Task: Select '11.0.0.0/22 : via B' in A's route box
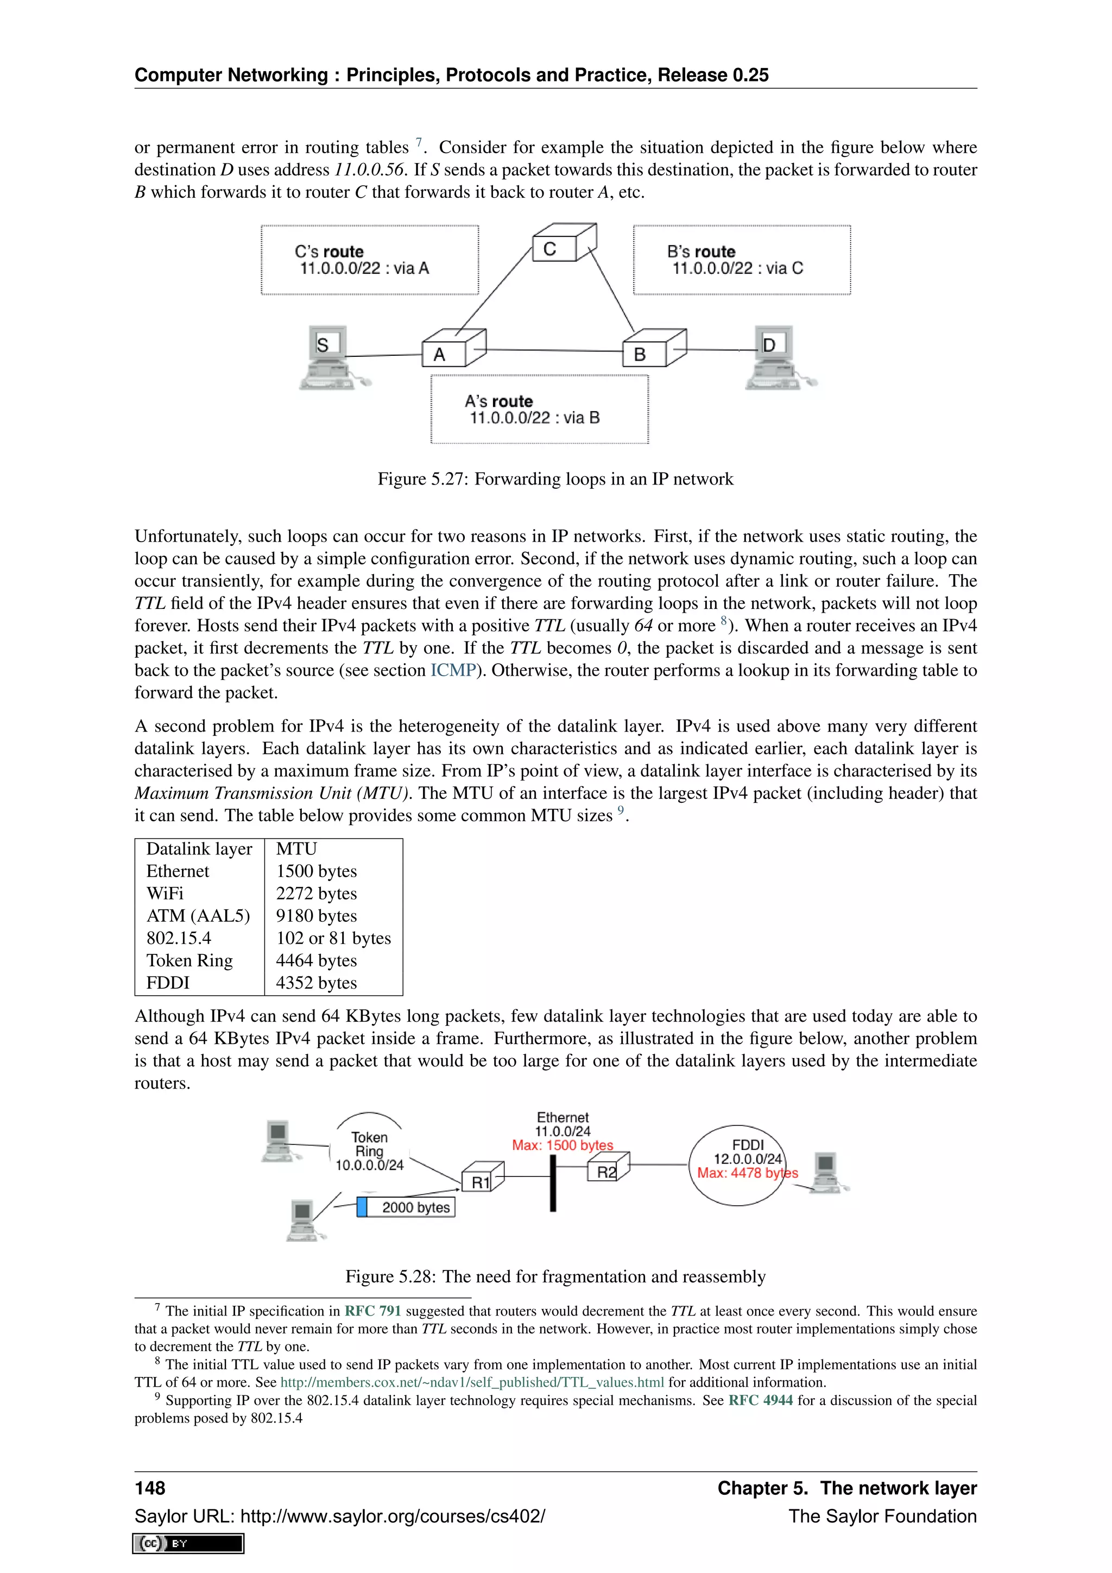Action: (535, 418)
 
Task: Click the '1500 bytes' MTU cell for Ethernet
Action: (317, 871)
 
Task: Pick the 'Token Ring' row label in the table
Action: (189, 960)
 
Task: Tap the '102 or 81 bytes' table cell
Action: (333, 938)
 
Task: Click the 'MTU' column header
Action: (296, 849)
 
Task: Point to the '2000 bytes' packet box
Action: (407, 1207)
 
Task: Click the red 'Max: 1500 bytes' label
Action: (563, 1146)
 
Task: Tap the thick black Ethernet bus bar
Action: (553, 1183)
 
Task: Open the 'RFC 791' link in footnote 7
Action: (372, 1311)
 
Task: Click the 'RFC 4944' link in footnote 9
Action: (760, 1400)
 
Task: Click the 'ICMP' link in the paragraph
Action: (453, 670)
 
